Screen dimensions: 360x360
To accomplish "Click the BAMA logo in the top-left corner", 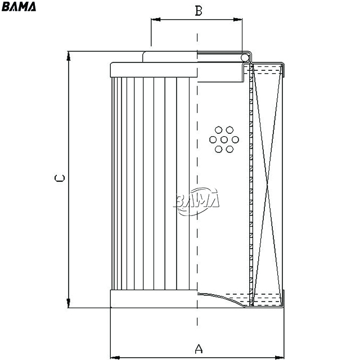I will pyautogui.click(x=19, y=7).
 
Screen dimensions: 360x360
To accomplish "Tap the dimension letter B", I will pyautogui.click(x=198, y=10).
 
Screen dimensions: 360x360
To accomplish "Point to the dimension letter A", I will pyautogui.click(x=198, y=349).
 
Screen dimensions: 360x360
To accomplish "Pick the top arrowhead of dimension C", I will pyautogui.click(x=69, y=55).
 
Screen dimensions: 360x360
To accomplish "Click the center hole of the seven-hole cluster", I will pyautogui.click(x=224, y=139).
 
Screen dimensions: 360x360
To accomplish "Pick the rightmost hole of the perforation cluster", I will pyautogui.click(x=235, y=139).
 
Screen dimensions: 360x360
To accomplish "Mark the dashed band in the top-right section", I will pyautogui.click(x=267, y=70).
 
